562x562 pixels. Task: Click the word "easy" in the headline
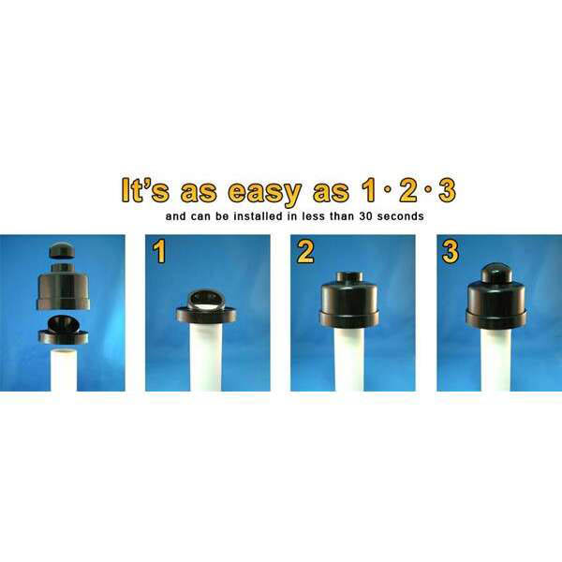tap(264, 192)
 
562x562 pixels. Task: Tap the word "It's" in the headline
tap(145, 190)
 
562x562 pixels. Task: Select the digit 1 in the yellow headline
tap(370, 189)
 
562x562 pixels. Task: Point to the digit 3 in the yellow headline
tap(447, 189)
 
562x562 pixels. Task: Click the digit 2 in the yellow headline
tap(408, 189)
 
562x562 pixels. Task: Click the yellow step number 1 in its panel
tap(159, 252)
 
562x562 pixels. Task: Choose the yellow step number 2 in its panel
tap(305, 252)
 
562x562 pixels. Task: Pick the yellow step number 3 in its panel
tap(451, 252)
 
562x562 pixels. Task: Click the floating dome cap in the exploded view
tap(62, 250)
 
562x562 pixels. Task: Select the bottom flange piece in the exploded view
tap(64, 331)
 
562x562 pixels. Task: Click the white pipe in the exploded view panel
tap(64, 370)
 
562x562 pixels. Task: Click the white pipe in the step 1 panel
tap(206, 357)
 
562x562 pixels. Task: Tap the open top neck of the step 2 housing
tap(349, 276)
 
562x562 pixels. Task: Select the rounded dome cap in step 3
tap(495, 273)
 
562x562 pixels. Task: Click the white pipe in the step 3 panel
tap(495, 361)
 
